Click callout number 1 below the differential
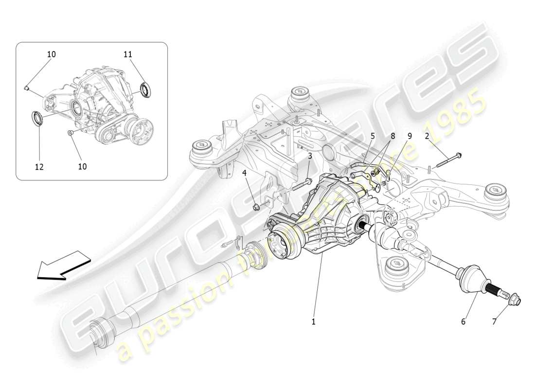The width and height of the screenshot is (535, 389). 313,321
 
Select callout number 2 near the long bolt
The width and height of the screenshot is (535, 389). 427,136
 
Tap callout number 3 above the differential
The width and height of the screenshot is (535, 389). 309,156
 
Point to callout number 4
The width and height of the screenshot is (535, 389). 245,173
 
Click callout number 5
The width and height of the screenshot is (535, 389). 372,137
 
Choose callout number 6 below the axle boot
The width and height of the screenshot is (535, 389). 463,321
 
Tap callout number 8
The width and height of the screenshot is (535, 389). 392,137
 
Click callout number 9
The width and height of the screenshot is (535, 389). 409,137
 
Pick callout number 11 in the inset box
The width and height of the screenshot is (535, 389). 127,54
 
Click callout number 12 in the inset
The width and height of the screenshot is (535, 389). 39,166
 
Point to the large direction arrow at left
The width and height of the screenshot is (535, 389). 63,265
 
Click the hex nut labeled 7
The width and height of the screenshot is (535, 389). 515,302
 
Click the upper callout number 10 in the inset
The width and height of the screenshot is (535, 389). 51,54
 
